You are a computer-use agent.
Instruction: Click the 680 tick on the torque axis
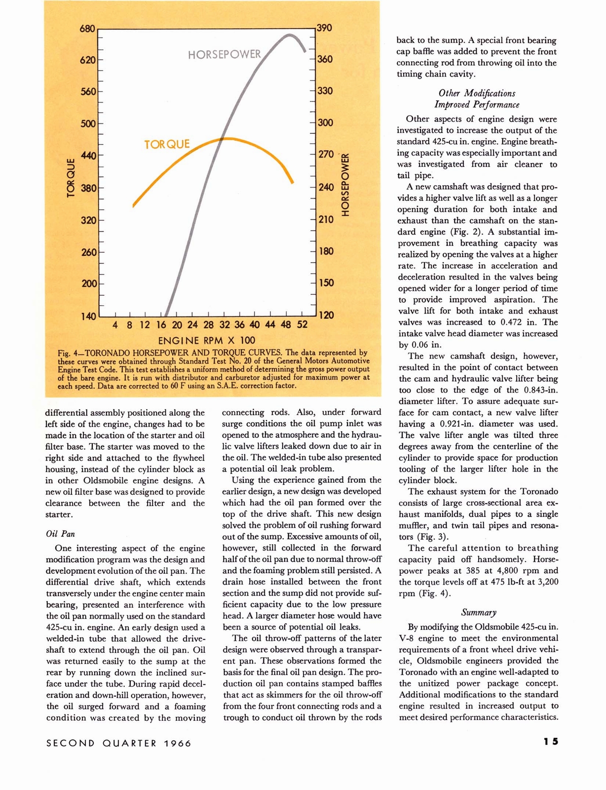point(87,29)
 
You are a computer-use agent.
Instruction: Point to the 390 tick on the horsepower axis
point(324,28)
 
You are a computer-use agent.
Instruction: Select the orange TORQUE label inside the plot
point(167,144)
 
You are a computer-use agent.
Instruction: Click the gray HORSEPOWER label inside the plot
point(225,54)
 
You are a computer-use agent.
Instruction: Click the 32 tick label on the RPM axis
point(225,325)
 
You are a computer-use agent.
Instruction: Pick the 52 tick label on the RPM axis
point(302,325)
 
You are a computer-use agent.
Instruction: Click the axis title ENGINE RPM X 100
point(206,341)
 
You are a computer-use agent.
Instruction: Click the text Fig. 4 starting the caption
point(68,353)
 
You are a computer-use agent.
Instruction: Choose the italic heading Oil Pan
point(60,534)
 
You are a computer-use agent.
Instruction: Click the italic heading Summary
point(478,612)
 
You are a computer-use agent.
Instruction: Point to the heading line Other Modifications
point(477,93)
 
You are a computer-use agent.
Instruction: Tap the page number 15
point(551,742)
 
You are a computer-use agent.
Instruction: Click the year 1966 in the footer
point(178,743)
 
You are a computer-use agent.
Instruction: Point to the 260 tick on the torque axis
point(89,252)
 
